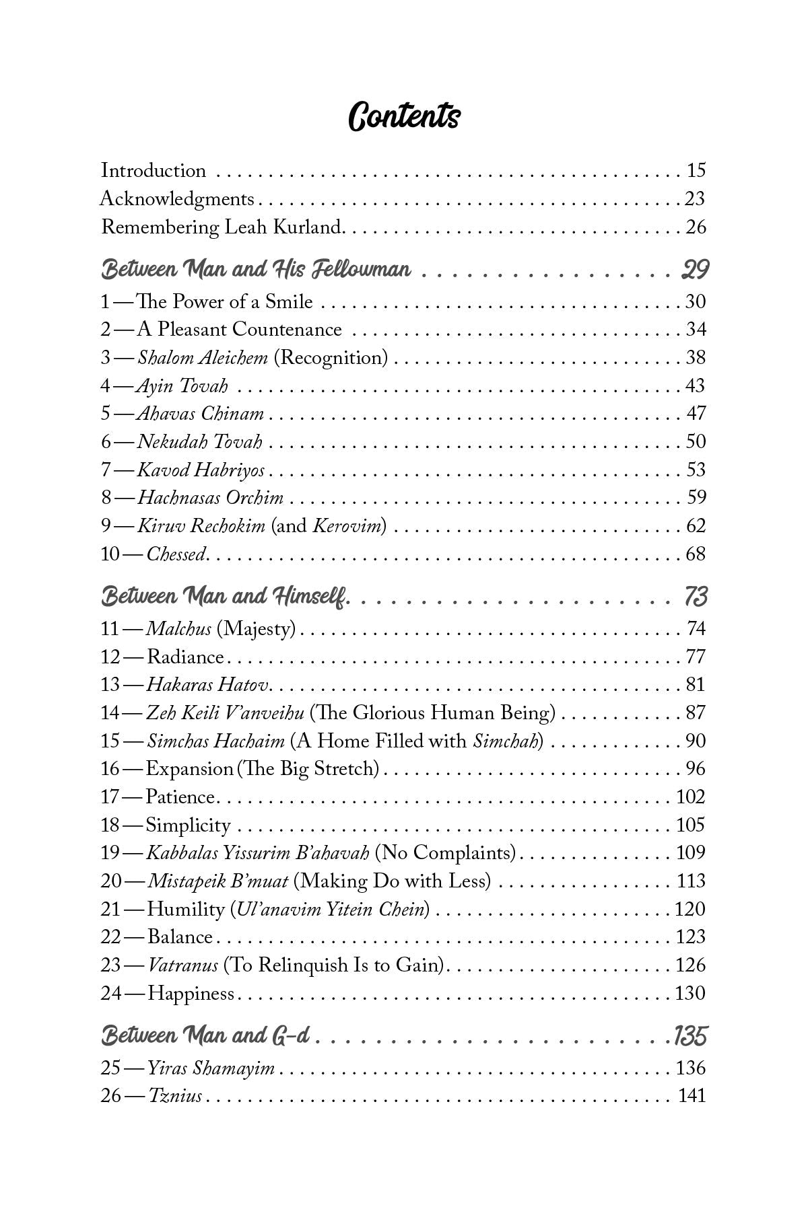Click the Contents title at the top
click(404, 116)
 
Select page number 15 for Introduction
click(696, 171)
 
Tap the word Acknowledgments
click(177, 199)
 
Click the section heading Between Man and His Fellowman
click(256, 270)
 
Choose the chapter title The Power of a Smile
click(225, 301)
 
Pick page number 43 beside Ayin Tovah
click(695, 386)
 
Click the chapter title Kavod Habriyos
click(201, 470)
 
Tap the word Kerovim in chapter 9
click(348, 526)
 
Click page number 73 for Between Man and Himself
click(696, 597)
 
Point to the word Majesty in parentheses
click(258, 629)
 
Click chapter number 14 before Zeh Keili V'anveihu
click(110, 713)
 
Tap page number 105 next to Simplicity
click(690, 825)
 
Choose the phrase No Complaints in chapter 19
click(445, 853)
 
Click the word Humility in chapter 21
click(185, 910)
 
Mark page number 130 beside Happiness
click(690, 994)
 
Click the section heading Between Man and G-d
click(205, 1035)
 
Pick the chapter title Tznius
click(175, 1096)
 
